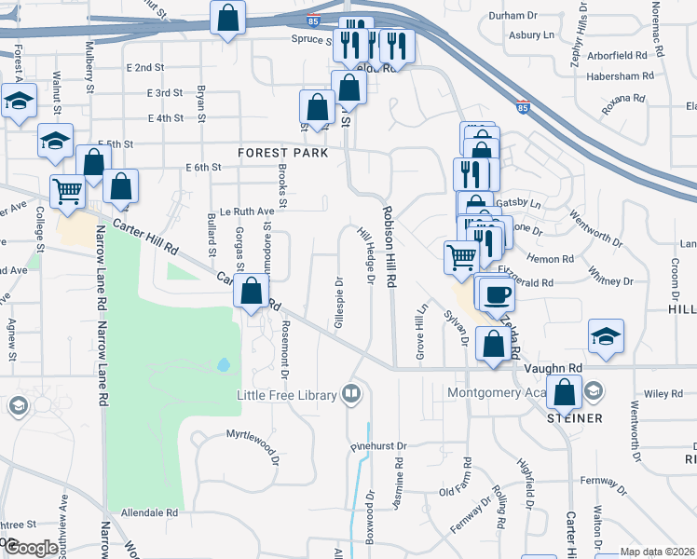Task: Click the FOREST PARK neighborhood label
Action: (282, 152)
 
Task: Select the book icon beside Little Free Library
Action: (351, 393)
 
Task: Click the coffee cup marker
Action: (498, 294)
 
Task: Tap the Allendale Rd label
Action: (149, 512)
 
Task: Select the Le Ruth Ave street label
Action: (247, 211)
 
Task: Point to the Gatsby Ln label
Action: (521, 202)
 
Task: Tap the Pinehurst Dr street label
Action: (375, 446)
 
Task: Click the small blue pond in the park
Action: (223, 364)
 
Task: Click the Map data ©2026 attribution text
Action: (657, 552)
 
